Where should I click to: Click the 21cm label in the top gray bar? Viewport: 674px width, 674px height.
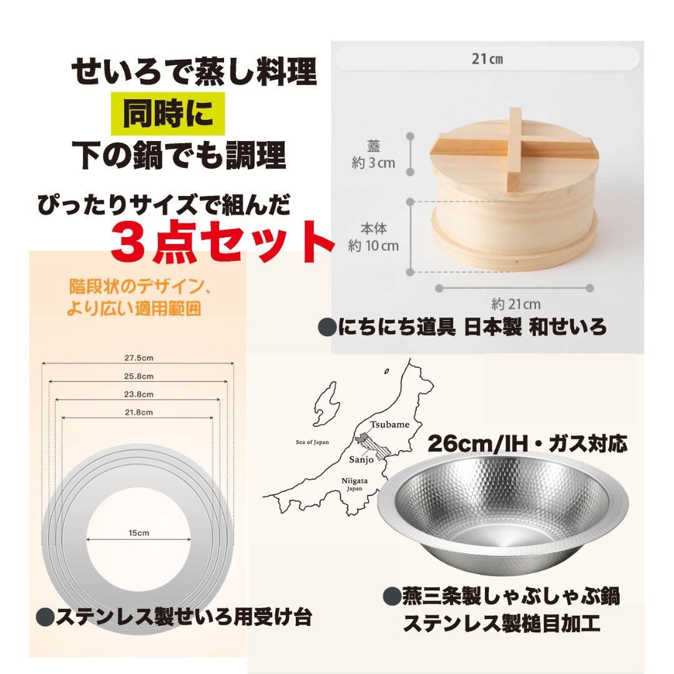coord(487,60)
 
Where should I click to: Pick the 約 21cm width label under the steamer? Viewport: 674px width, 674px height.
coord(515,305)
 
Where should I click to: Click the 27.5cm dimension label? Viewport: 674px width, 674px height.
coord(139,358)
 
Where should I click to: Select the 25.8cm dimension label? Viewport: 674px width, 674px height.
coord(139,376)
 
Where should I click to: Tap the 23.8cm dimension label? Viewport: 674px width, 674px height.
coord(139,394)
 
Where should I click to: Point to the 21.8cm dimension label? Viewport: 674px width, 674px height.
coord(139,412)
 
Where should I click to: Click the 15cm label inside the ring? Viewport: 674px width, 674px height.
coord(139,534)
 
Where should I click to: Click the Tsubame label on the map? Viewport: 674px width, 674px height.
coord(390,424)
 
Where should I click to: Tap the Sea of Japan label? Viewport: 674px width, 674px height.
coord(313,442)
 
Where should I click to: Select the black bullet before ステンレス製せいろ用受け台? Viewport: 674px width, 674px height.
coord(44,618)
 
